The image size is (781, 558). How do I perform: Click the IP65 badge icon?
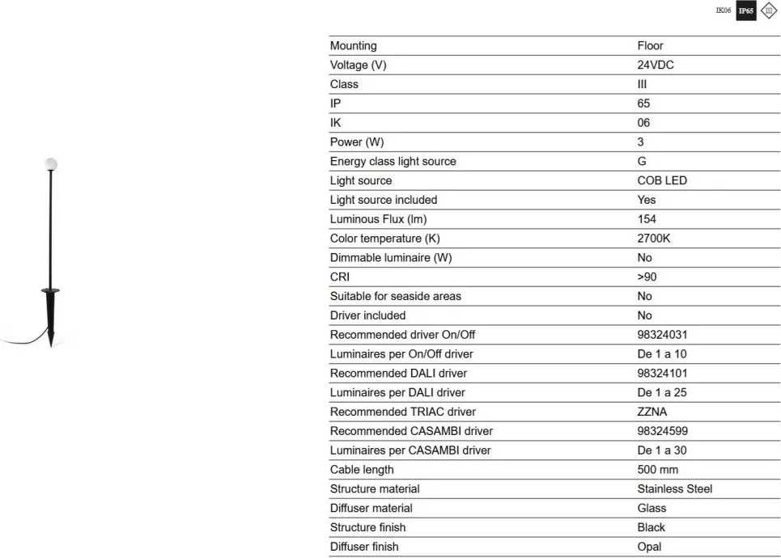click(x=745, y=12)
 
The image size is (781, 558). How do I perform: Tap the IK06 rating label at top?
click(x=724, y=11)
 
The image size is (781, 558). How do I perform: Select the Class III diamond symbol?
click(x=768, y=12)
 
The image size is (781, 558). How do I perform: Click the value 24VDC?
click(x=656, y=66)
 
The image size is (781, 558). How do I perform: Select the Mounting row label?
click(x=353, y=46)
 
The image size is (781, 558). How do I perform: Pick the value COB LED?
click(x=662, y=181)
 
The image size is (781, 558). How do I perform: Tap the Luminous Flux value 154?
click(x=647, y=219)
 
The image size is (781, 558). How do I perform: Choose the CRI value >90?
click(x=647, y=277)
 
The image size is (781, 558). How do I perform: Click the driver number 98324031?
click(x=663, y=335)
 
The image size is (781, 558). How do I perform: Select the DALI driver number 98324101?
click(x=663, y=374)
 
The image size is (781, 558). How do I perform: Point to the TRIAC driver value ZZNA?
click(x=652, y=412)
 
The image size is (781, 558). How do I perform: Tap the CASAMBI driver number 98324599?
click(x=663, y=431)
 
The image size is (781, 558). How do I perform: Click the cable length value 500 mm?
click(x=658, y=470)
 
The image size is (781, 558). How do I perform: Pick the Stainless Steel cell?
click(x=675, y=489)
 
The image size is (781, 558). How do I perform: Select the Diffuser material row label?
click(x=371, y=509)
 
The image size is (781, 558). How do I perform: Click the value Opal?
click(x=649, y=547)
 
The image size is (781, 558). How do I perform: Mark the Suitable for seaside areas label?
click(x=396, y=297)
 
